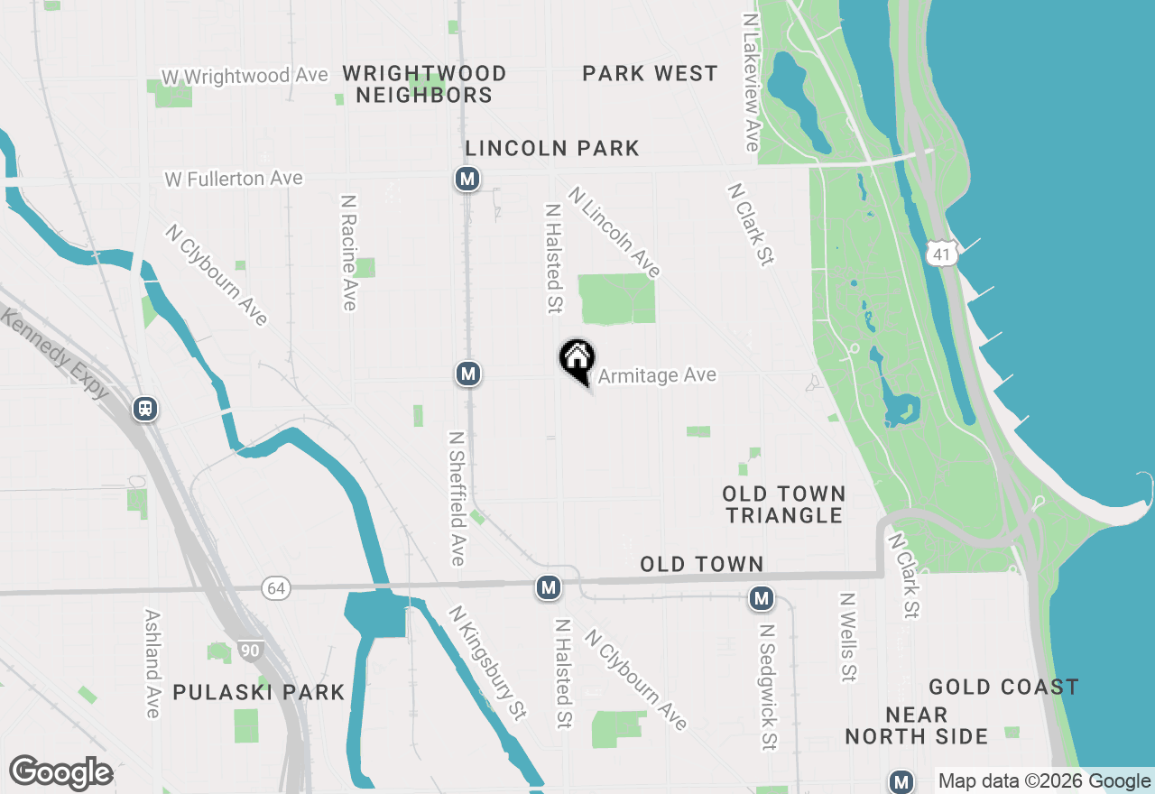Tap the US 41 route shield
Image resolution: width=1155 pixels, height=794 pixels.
[942, 254]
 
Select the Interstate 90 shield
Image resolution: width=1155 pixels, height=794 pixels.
[251, 648]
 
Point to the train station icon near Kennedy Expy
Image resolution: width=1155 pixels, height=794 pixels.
[145, 409]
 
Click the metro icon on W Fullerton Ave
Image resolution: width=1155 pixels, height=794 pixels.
[467, 179]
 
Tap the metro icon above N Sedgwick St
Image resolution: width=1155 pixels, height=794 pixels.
[762, 597]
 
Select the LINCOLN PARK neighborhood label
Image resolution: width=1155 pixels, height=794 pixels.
[552, 148]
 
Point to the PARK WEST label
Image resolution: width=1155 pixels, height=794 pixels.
[650, 73]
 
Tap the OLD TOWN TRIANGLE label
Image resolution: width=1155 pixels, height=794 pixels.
[784, 504]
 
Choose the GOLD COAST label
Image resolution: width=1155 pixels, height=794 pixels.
[1003, 688]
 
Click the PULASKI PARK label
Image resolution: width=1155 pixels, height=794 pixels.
[259, 692]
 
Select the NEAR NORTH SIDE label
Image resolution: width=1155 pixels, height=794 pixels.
[916, 726]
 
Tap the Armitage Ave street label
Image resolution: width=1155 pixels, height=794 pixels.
[657, 375]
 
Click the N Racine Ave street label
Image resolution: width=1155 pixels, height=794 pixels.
[349, 253]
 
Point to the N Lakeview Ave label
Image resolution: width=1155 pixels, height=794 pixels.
[751, 81]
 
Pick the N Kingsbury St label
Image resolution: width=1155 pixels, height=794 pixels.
[487, 662]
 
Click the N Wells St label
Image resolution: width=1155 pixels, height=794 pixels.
[847, 637]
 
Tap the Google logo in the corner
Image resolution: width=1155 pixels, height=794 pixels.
[60, 773]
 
